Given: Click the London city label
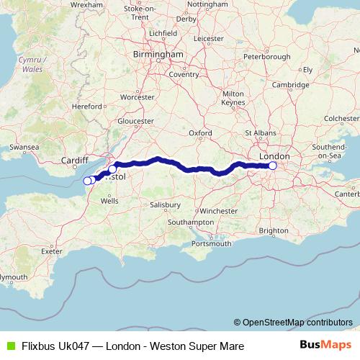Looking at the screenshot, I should tap(274, 156).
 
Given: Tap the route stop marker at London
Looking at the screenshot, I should tap(273, 166).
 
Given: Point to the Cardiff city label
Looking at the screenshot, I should tap(75, 161).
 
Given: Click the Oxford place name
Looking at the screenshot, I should tap(200, 133).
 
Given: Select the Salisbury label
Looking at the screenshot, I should tap(165, 204).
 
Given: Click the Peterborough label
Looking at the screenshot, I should tap(267, 56).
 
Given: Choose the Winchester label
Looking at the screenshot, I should tap(219, 211).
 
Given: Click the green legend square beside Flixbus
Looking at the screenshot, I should tap(10, 346).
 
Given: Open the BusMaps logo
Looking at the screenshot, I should tap(325, 346).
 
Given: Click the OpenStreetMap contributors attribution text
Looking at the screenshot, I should tap(293, 323).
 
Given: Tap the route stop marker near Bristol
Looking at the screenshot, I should tap(112, 169).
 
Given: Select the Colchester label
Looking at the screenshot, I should tap(342, 117).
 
